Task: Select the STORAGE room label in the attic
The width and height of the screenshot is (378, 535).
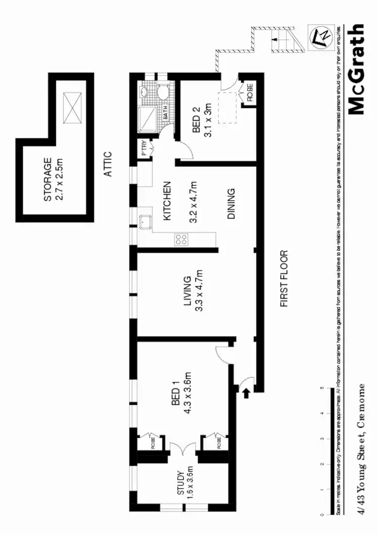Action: pos(53,180)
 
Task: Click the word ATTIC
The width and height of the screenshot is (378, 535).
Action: pos(107,165)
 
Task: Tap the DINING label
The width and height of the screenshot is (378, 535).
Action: pos(231,204)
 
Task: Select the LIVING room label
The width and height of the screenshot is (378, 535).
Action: pos(187,291)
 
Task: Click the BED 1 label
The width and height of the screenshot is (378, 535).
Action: pos(175,394)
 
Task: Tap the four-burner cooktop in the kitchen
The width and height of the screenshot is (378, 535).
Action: pos(180,240)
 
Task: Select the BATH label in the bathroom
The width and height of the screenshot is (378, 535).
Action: pos(165,112)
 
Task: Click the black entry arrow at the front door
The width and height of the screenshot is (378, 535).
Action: pos(246,392)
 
